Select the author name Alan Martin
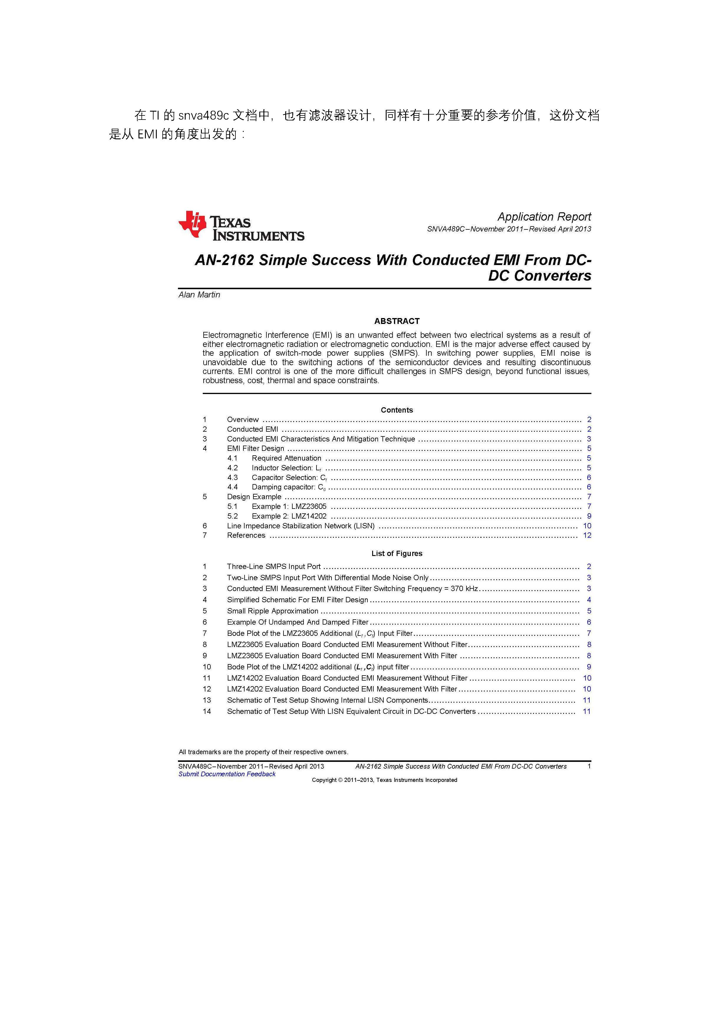[199, 295]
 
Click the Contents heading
[397, 410]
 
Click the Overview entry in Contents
[243, 419]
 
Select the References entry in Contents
[246, 535]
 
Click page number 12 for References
[587, 535]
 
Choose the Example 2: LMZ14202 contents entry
[289, 516]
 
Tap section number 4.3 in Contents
[232, 477]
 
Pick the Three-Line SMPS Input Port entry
[274, 566]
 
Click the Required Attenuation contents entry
[286, 458]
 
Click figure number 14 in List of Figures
[207, 711]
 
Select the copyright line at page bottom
[384, 780]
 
